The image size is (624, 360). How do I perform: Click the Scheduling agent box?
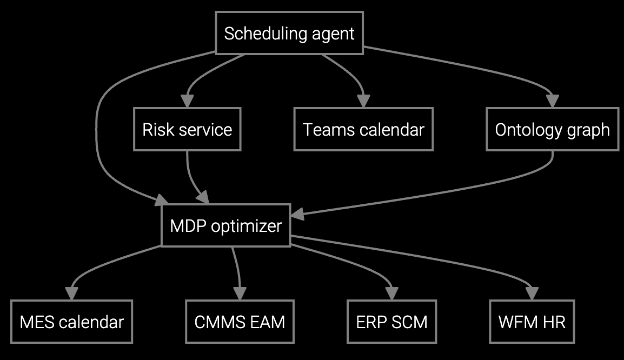coord(289,34)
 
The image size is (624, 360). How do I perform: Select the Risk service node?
coord(187,130)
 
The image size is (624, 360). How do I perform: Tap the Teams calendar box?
coord(363,130)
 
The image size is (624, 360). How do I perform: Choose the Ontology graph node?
coord(552,130)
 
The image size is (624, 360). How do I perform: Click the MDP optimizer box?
coord(225,225)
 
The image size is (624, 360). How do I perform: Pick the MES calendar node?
coord(71,322)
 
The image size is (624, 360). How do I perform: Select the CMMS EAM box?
coord(240,322)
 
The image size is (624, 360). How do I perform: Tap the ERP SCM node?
coord(391,322)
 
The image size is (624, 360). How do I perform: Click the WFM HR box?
coord(532,322)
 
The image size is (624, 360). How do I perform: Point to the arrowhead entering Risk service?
coord(187,101)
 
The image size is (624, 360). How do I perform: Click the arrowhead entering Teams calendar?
coord(363,101)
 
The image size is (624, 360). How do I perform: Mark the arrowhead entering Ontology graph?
coord(552,101)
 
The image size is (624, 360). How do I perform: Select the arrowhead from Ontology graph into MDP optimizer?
coord(297,215)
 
